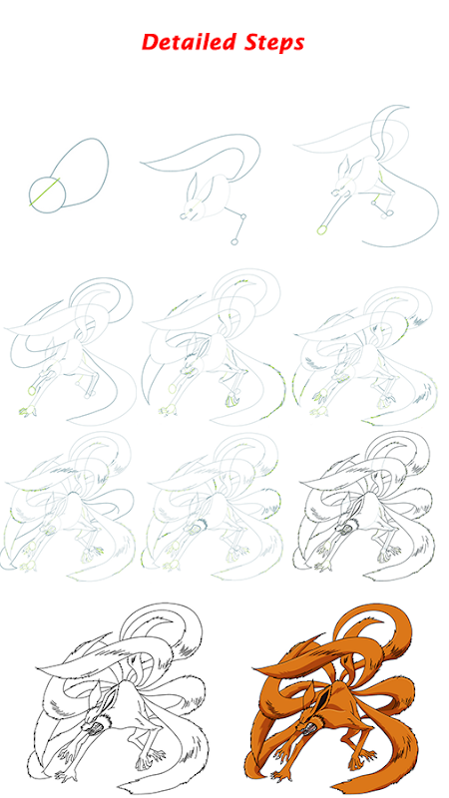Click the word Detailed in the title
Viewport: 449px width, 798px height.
190,42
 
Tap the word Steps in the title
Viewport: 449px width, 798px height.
274,43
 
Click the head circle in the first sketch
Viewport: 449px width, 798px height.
47,195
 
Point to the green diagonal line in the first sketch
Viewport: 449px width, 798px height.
45,192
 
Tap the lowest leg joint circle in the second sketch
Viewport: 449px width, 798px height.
234,241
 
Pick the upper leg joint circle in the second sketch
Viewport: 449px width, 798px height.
243,216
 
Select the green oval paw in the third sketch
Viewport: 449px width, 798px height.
321,229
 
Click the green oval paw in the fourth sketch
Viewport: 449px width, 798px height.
32,391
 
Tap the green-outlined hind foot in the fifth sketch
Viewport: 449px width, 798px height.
231,400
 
